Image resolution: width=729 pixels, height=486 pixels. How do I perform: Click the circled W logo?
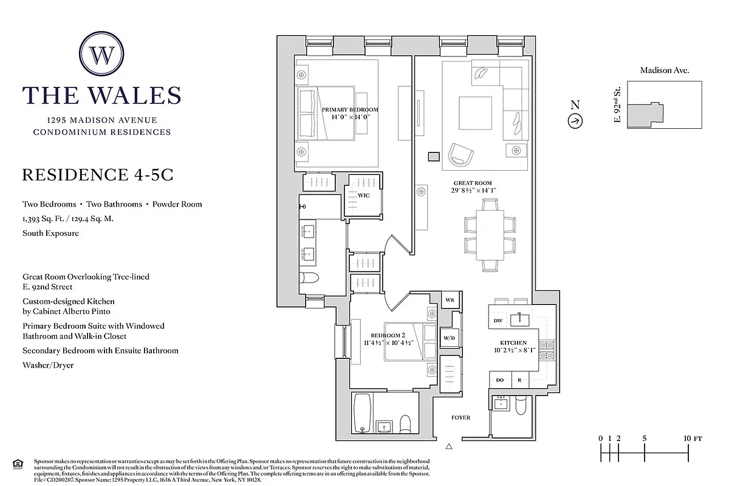point(101,54)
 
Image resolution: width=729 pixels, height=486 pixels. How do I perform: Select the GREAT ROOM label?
point(472,187)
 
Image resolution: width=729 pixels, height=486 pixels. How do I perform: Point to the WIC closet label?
point(363,196)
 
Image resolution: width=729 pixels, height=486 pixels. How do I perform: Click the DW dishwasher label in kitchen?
point(498,320)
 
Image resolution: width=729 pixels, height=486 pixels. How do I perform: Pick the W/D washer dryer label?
point(449,338)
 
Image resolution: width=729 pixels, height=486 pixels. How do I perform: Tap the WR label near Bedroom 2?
point(450,300)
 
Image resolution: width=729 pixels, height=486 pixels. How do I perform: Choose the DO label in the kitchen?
point(500,380)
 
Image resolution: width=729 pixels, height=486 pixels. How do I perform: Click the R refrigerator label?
point(519,380)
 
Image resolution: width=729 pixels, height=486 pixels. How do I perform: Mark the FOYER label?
point(460,417)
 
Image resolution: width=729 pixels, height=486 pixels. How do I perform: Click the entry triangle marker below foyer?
point(449,447)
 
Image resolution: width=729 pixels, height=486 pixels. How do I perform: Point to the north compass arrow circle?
point(575,121)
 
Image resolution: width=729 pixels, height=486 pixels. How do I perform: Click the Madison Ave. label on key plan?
point(664,70)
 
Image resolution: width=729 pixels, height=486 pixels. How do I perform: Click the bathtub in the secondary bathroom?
point(362,413)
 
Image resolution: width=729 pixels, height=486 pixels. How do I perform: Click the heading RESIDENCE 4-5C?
point(98,175)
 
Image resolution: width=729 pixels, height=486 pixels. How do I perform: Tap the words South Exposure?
point(50,233)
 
